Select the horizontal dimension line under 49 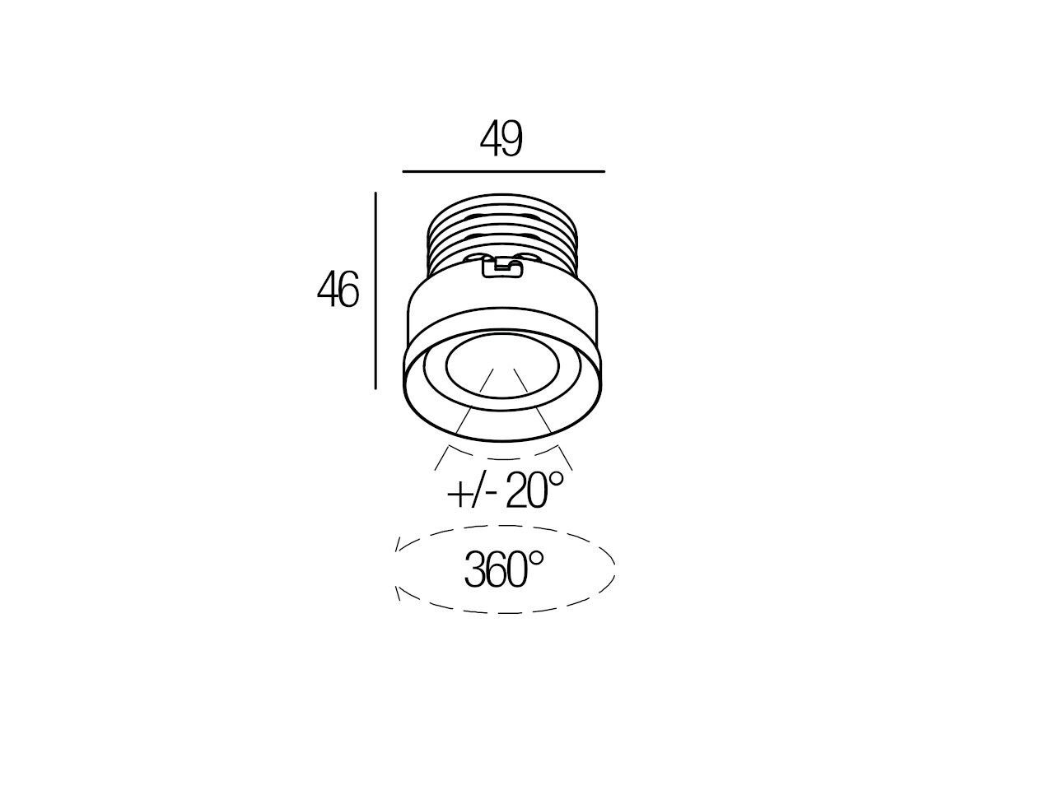(503, 172)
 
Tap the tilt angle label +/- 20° (506, 490)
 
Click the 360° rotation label (504, 569)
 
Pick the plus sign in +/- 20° (458, 493)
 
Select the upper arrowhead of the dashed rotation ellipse (399, 545)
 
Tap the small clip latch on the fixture (501, 267)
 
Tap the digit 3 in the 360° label (474, 569)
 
